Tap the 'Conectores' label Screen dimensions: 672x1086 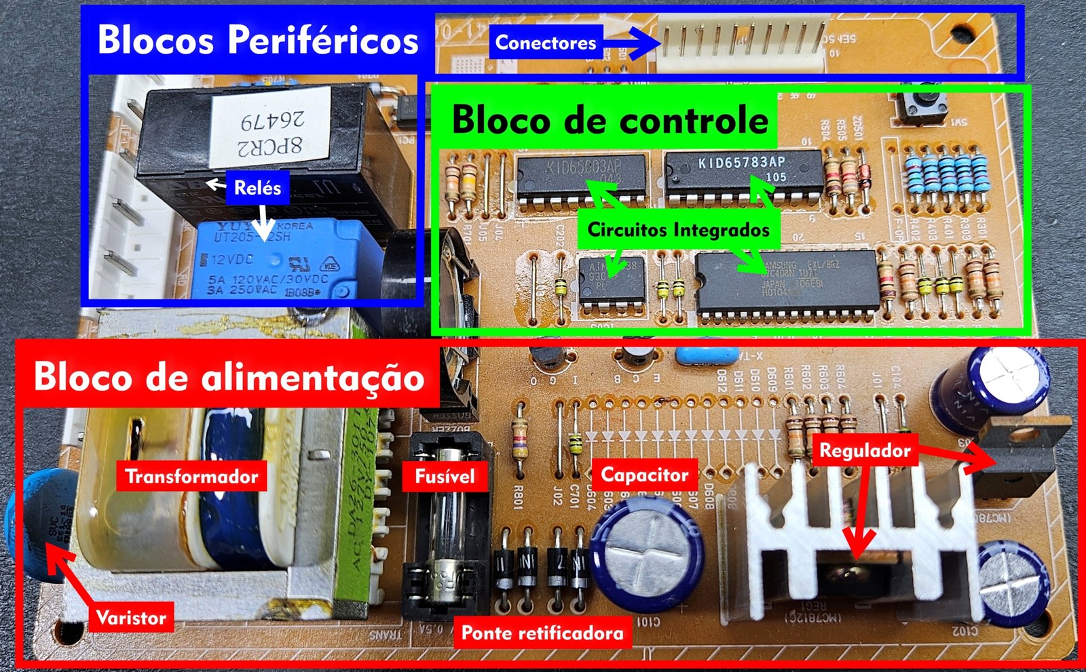point(546,43)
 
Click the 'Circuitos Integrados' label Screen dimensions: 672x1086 point(678,229)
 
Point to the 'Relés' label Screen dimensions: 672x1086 point(257,187)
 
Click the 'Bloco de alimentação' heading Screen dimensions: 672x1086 point(229,376)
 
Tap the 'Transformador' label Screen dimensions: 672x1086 point(191,476)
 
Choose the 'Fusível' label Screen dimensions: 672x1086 point(445,476)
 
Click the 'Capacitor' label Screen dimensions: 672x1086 point(644,475)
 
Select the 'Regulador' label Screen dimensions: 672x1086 point(865,450)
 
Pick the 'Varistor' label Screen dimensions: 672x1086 point(131,618)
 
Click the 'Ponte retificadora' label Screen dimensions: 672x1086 point(542,633)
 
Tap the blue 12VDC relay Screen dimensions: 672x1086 point(278,261)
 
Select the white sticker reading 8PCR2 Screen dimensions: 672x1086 point(270,129)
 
